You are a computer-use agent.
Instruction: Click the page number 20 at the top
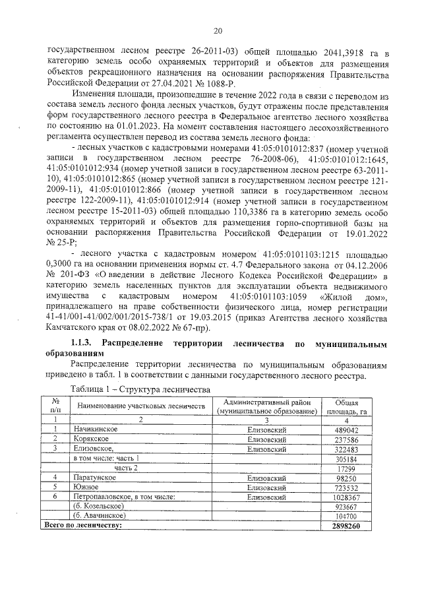(x=218, y=30)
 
